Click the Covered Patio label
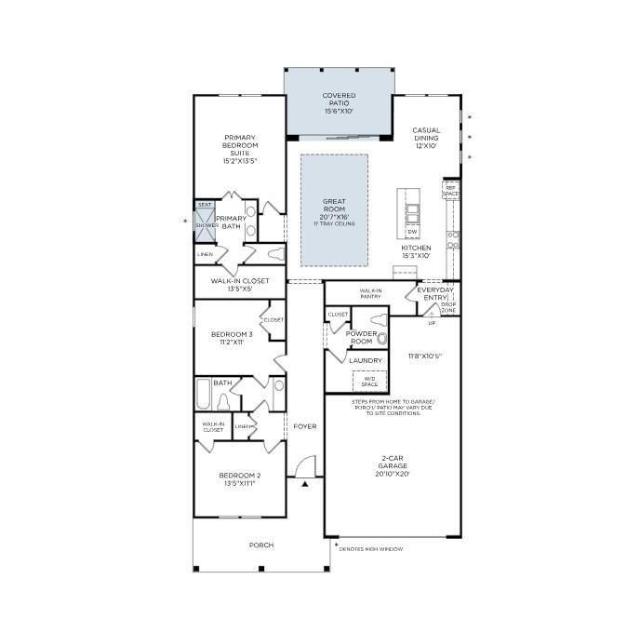pos(339,103)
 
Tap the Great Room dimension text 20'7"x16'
pos(334,216)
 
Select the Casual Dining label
pos(426,138)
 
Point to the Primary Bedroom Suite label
pos(239,149)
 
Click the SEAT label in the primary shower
pos(205,206)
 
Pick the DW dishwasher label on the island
pos(411,231)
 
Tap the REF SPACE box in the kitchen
pos(451,190)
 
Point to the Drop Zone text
pos(447,307)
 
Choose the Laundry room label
pos(366,359)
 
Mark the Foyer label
pos(304,426)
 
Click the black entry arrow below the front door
pos(304,483)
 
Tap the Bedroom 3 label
pos(231,338)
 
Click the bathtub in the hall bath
pos(204,395)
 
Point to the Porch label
pos(260,545)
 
